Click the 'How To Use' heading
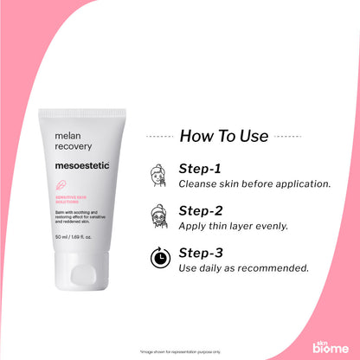click(224, 136)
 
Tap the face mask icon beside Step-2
click(159, 215)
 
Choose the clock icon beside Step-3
click(159, 258)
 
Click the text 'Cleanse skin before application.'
click(242, 183)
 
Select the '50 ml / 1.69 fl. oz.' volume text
click(73, 235)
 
